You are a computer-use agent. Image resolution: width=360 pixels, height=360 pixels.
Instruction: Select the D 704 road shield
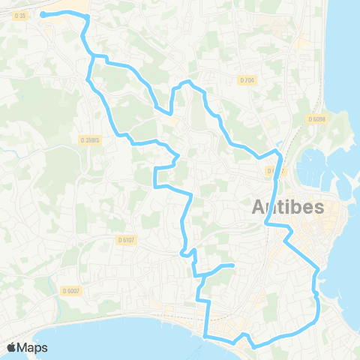[x=247, y=79]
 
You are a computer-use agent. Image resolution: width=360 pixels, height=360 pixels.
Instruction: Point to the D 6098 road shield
[x=316, y=118]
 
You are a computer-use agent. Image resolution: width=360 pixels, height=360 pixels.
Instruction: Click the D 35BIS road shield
[x=89, y=139]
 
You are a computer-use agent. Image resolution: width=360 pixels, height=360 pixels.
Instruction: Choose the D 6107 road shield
[x=126, y=239]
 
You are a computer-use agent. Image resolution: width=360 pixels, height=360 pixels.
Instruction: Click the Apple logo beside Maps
[x=12, y=347]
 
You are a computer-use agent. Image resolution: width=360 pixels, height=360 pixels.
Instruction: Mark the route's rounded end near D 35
[x=43, y=13]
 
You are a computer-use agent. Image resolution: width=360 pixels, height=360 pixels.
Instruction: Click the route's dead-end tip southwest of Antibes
[x=232, y=265]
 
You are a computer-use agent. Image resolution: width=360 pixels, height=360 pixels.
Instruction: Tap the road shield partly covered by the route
[x=274, y=171]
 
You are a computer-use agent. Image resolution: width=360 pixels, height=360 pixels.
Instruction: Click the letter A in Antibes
[x=256, y=207]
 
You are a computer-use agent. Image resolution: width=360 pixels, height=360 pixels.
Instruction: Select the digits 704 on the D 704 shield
[x=250, y=79]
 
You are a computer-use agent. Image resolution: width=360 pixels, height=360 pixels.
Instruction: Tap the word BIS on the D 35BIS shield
[x=95, y=139]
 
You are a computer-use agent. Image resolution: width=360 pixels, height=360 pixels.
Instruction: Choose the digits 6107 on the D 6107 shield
[x=128, y=239]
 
